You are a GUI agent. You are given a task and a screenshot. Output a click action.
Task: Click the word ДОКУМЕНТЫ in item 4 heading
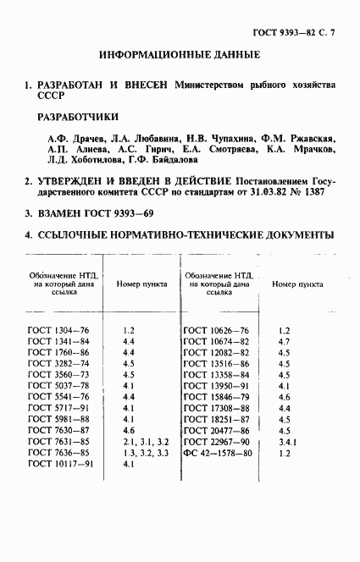pos(292,234)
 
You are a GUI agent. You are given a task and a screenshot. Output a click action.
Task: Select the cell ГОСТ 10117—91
pos(61,465)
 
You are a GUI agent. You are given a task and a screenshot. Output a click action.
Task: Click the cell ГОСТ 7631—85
pos(58,442)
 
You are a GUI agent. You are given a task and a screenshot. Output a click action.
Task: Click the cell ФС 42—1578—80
pos(218,453)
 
